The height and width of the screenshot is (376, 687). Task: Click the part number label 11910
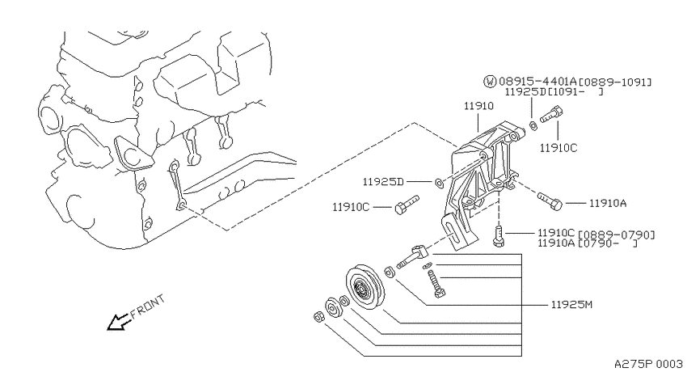(478, 106)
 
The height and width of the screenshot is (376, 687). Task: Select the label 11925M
(571, 304)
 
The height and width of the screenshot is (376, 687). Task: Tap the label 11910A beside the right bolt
(608, 203)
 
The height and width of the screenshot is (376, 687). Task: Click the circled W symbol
(490, 81)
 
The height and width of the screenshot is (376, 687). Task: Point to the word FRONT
(148, 306)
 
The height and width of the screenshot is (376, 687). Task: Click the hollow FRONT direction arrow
(118, 322)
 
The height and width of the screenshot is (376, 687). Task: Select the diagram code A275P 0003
(648, 364)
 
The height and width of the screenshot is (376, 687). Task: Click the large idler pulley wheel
(365, 288)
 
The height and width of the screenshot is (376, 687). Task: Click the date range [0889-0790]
(617, 234)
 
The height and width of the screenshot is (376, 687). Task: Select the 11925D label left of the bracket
(383, 181)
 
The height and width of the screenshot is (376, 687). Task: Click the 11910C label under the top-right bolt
(558, 148)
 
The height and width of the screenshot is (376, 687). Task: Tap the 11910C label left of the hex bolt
(351, 207)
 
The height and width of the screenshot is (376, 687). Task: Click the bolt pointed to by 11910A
(550, 201)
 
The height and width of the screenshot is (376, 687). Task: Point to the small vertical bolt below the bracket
(499, 236)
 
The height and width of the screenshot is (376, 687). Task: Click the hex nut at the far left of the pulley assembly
(319, 316)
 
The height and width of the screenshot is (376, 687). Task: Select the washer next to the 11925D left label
(439, 181)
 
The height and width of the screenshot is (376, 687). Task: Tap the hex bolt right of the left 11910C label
(407, 205)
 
